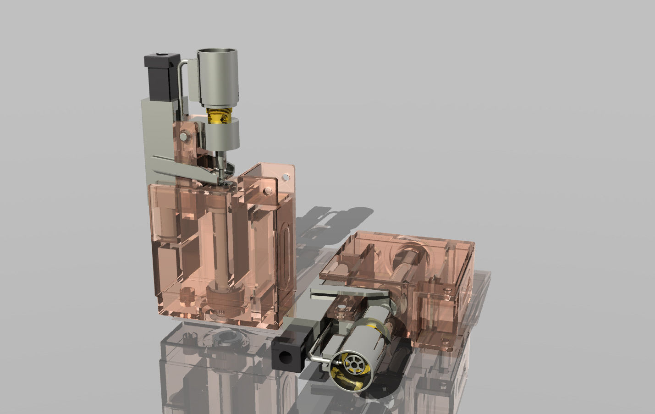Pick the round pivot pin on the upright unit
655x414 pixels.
coord(184,136)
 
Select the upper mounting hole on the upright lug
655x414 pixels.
coord(286,175)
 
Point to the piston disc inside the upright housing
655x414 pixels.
coord(224,294)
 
